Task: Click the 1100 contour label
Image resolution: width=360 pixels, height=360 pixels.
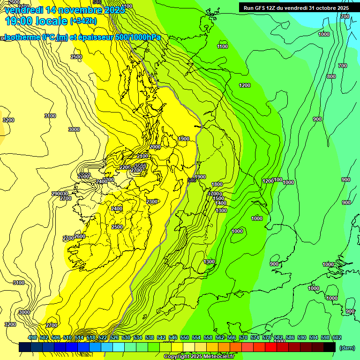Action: tap(223, 46)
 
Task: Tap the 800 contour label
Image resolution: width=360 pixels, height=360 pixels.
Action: tap(331, 76)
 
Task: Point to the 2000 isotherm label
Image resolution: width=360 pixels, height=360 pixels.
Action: tap(155, 147)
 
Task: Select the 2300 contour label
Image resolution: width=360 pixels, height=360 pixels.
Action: tap(152, 202)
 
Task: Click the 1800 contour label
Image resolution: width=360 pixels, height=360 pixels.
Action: tap(217, 185)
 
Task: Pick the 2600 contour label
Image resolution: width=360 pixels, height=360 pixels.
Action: tap(80, 236)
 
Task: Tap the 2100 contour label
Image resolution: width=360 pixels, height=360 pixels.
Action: tap(143, 156)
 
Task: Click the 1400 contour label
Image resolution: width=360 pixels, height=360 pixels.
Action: tap(221, 203)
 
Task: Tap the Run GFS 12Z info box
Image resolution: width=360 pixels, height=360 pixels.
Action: tap(296, 8)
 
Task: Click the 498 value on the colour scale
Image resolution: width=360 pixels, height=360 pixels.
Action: tap(32, 338)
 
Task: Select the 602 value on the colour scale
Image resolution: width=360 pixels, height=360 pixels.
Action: tap(337, 338)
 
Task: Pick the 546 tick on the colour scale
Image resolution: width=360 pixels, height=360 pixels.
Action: tap(173, 338)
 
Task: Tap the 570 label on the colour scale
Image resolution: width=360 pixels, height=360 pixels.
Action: tap(243, 338)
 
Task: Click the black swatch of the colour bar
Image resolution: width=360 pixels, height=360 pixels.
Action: tap(330, 347)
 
